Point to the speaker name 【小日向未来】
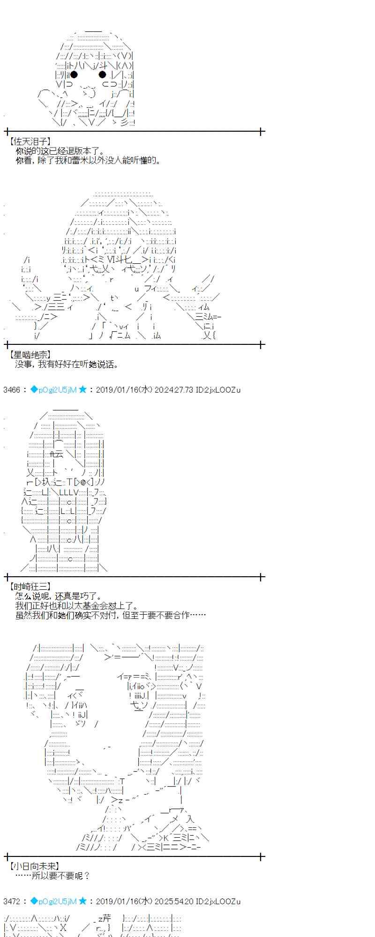(x=34, y=866)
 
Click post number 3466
(x=12, y=389)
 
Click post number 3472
(x=12, y=901)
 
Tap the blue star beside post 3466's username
(x=82, y=389)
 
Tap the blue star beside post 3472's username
(x=82, y=901)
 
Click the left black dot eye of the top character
(x=74, y=74)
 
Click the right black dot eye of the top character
(x=102, y=74)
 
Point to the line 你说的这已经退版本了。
(x=60, y=151)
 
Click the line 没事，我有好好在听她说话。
(x=67, y=364)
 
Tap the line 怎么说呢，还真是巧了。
(x=58, y=596)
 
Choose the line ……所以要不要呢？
(x=52, y=875)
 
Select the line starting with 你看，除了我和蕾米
(x=88, y=160)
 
